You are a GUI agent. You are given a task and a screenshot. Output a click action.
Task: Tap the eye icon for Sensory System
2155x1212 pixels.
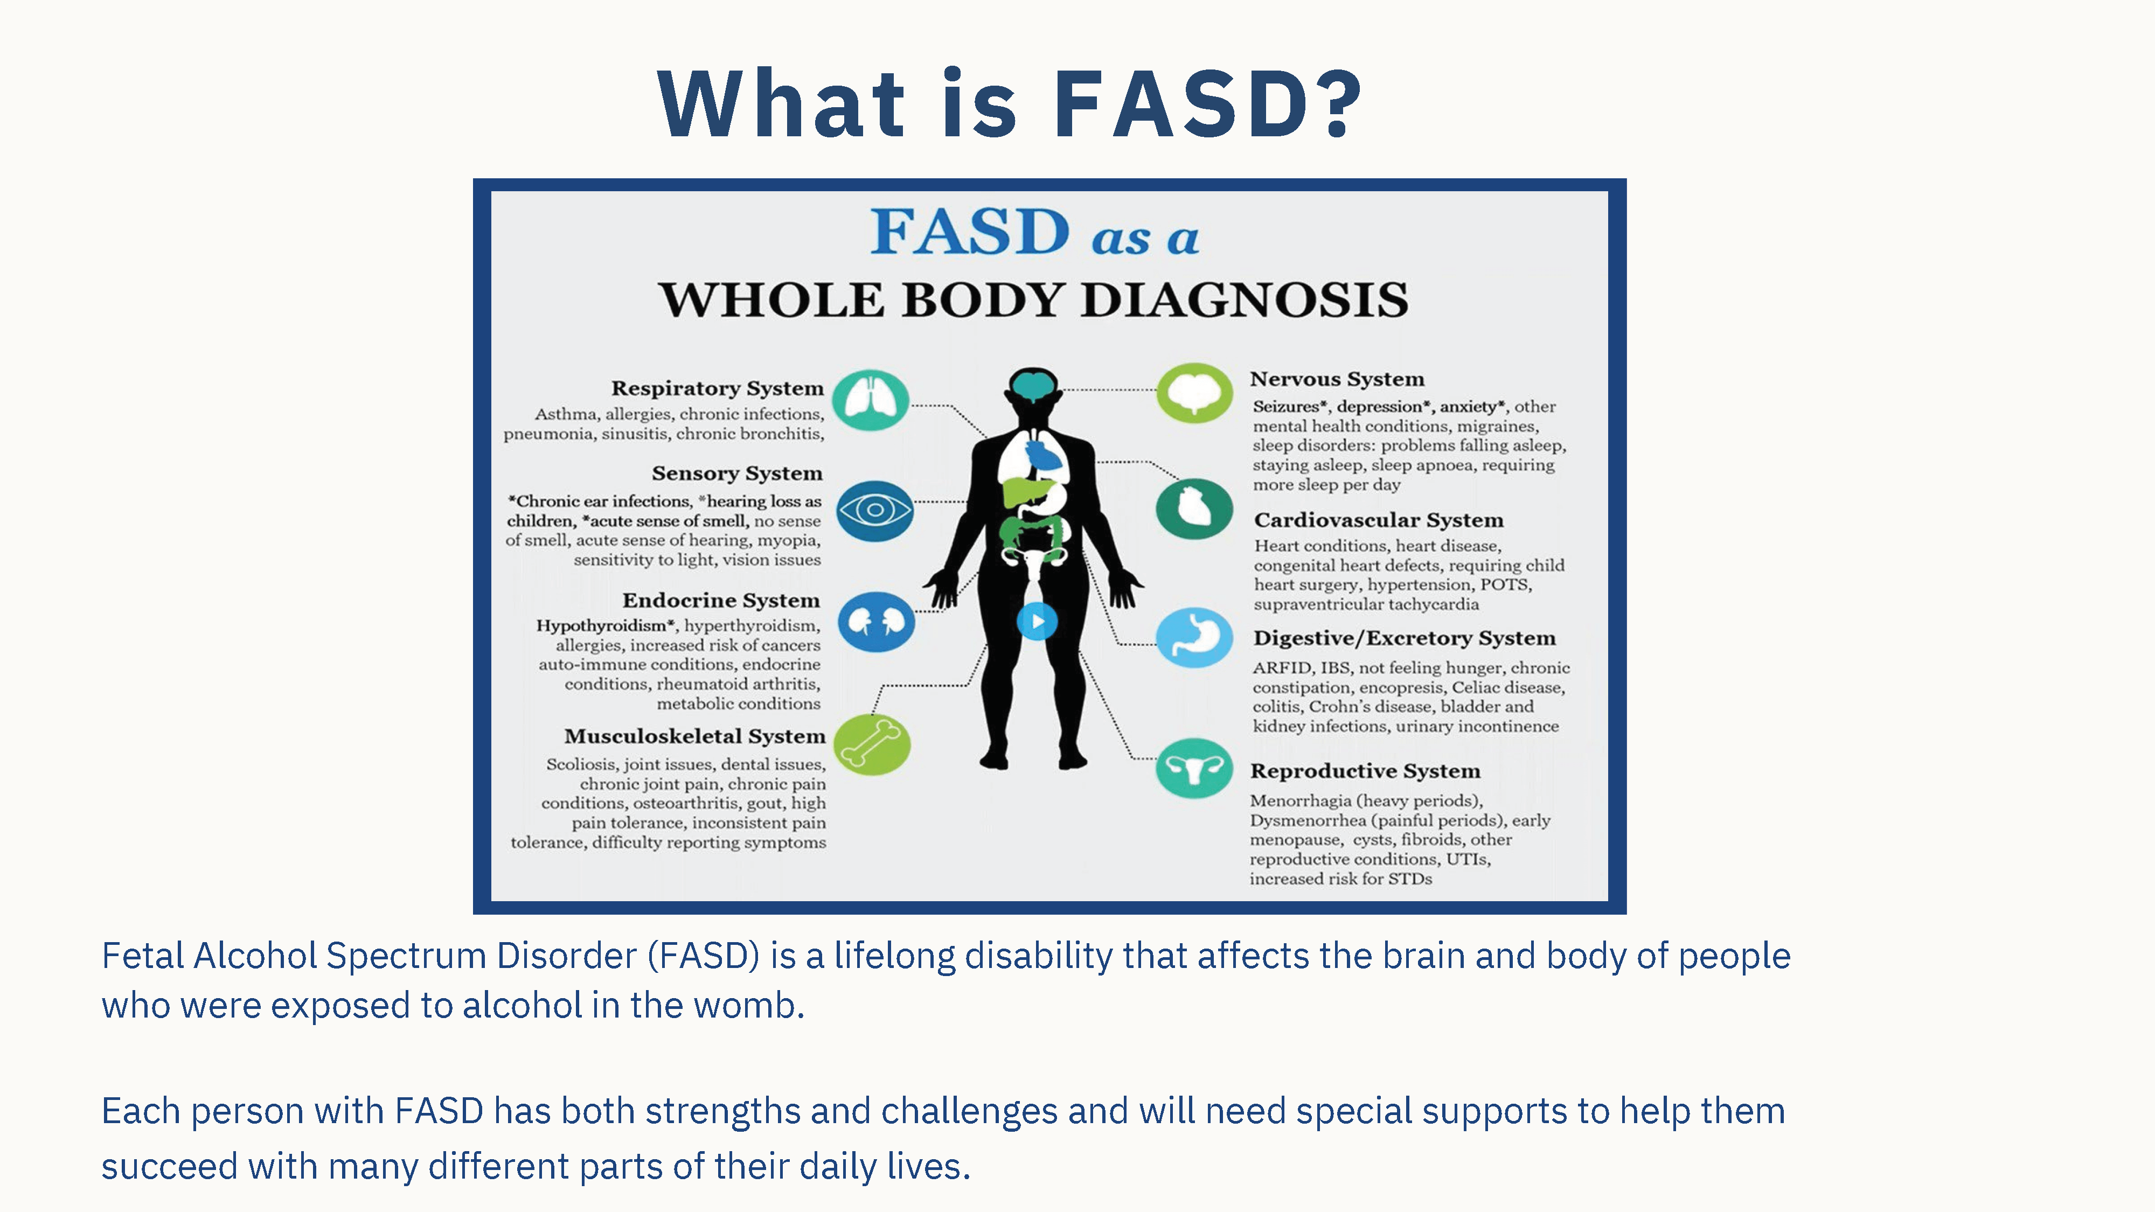(x=875, y=510)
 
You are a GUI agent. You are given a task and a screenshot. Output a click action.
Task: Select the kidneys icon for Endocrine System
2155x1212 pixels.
(x=876, y=622)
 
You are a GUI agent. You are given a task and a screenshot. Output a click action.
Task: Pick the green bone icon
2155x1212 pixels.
(x=873, y=744)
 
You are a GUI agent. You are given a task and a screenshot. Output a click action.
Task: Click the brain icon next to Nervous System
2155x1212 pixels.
(x=1194, y=392)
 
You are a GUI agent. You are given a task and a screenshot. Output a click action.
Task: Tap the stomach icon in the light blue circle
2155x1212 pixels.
(x=1194, y=637)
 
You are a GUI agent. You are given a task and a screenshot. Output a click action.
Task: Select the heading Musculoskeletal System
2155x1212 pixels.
(x=694, y=736)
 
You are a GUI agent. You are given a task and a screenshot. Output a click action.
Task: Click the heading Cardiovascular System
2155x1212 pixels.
(x=1379, y=520)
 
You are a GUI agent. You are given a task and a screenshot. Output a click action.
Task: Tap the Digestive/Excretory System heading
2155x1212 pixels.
(x=1405, y=638)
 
